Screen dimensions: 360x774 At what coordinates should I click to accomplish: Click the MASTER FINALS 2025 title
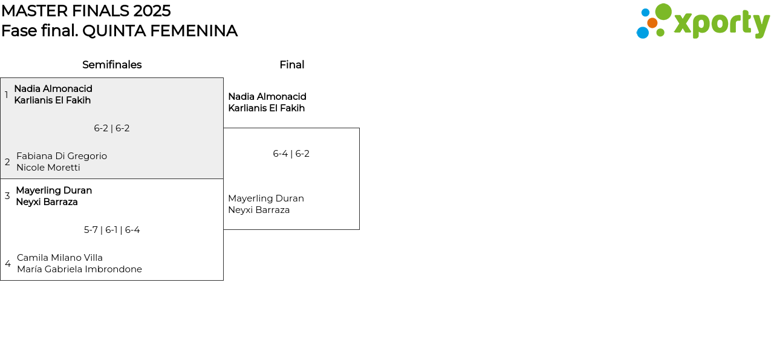pos(86,11)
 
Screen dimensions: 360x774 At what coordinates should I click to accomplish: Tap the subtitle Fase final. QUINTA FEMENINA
pos(119,31)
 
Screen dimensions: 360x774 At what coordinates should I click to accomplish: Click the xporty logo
pos(703,22)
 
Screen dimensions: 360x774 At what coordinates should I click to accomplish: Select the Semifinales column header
pos(112,65)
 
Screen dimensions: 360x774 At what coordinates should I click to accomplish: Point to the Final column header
pos(291,65)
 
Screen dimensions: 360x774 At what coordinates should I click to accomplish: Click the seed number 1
pos(7,95)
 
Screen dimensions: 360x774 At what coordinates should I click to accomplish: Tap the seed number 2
pos(7,162)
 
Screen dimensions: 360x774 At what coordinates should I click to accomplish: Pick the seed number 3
pos(7,196)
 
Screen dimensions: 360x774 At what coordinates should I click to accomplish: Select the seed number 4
pos(8,264)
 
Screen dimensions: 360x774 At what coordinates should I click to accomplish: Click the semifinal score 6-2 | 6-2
pos(112,128)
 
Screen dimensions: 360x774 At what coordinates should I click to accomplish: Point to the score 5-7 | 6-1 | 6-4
pos(112,230)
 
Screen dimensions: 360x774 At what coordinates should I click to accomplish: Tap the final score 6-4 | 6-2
pos(291,154)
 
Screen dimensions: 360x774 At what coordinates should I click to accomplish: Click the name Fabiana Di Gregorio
pos(62,156)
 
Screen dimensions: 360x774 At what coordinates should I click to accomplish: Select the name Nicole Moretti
pos(48,168)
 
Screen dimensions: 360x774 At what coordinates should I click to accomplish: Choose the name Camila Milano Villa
pos(60,258)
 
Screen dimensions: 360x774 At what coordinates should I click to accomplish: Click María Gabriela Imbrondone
pos(79,269)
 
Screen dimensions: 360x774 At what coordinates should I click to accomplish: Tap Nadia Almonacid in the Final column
pos(267,97)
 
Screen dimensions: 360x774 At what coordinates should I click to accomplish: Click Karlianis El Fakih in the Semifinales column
pos(53,100)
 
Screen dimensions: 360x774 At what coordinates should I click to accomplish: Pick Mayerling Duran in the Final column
pos(265,198)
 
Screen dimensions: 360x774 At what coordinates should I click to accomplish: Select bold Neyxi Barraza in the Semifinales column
pos(47,202)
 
